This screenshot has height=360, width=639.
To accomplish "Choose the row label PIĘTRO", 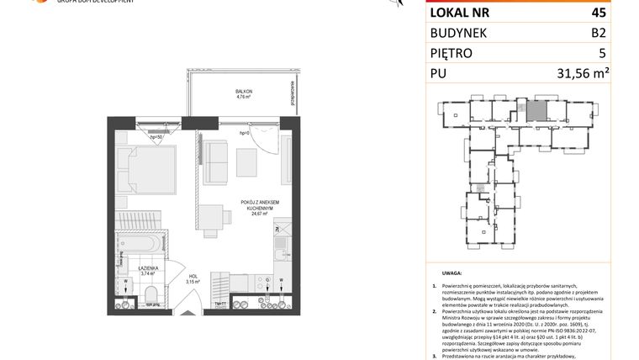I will point(452,53).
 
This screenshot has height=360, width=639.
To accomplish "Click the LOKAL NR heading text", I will point(459,13).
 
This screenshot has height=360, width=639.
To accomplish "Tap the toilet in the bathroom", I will point(151,292).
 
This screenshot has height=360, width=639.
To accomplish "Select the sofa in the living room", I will point(216,161).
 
